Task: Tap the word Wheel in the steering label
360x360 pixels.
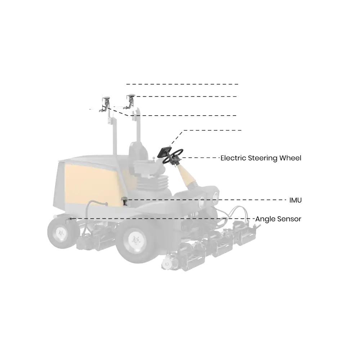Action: tap(292, 158)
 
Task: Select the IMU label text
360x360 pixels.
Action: tap(295, 200)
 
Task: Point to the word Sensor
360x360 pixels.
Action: tap(290, 219)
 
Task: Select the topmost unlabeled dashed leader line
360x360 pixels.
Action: tap(181, 85)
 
